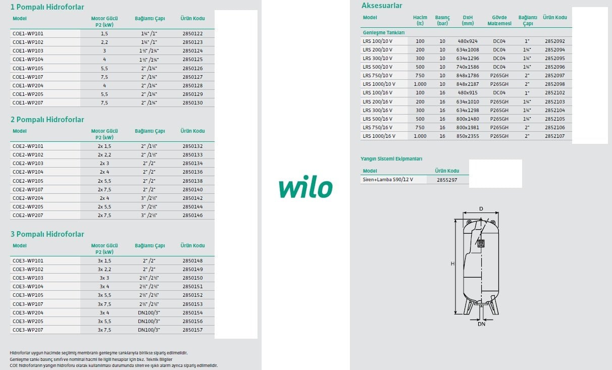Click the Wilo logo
(305, 186)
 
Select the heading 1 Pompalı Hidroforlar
(47, 7)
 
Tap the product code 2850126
(192, 68)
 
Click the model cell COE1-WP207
(28, 102)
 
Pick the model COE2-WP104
(28, 172)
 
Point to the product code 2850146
(192, 215)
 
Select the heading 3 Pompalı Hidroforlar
(47, 234)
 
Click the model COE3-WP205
(28, 321)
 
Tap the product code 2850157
(192, 330)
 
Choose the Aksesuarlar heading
(382, 6)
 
